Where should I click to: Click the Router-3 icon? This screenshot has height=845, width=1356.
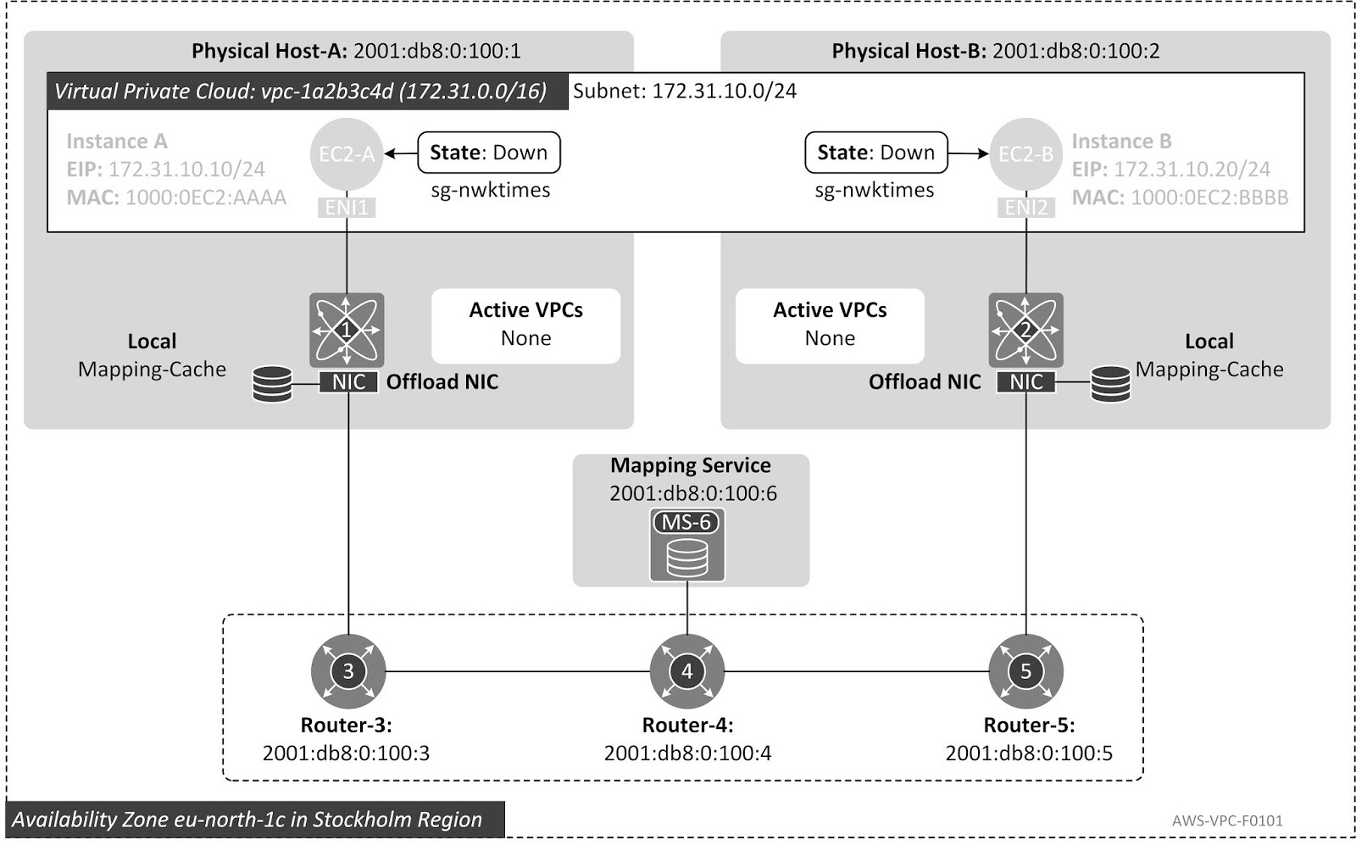(x=348, y=671)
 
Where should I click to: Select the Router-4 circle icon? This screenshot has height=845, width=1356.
(x=687, y=671)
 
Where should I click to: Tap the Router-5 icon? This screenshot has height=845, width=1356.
(x=1025, y=671)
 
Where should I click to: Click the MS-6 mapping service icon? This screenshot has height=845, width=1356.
(x=687, y=545)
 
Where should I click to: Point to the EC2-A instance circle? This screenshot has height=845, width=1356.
(x=346, y=154)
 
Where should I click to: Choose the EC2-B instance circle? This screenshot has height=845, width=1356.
(x=1025, y=154)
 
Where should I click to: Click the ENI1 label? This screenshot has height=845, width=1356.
(x=347, y=208)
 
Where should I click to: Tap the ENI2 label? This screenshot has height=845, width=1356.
(x=1026, y=208)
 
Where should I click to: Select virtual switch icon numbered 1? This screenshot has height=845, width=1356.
(x=347, y=330)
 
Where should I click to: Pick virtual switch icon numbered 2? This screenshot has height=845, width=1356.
(x=1025, y=330)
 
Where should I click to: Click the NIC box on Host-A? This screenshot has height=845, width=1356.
(x=348, y=382)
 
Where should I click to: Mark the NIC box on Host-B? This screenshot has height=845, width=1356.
(x=1026, y=382)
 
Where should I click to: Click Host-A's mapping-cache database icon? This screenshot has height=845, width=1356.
(x=273, y=384)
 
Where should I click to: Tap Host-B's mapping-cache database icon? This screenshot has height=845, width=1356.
(x=1110, y=384)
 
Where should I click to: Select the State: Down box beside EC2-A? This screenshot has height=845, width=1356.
(x=489, y=153)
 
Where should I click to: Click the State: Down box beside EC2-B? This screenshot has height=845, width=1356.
(x=875, y=153)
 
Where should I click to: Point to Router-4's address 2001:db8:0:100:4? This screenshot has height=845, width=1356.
(x=687, y=753)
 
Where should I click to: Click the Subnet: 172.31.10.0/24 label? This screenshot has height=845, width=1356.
(x=685, y=91)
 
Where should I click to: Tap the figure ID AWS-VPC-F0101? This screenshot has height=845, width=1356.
(x=1227, y=820)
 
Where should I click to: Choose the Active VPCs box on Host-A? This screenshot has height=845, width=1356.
(x=526, y=325)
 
